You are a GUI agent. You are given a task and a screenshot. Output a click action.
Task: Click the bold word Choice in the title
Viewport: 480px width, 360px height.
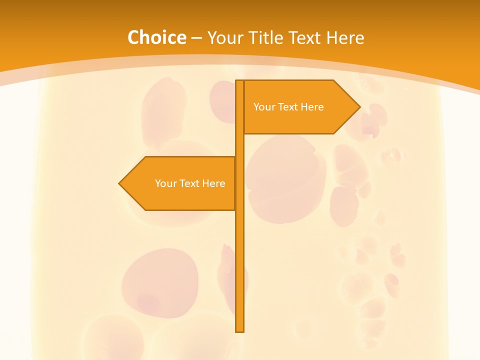(156, 37)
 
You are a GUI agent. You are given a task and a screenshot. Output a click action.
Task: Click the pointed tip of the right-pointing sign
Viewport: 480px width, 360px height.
(359, 107)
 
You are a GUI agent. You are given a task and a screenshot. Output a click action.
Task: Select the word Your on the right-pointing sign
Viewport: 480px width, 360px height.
(263, 107)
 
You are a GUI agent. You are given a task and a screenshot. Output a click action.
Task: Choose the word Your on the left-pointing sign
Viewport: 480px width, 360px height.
(165, 183)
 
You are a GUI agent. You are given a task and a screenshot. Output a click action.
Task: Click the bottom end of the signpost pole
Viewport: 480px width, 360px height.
(240, 330)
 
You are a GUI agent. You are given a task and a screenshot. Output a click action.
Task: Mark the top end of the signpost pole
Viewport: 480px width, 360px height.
(239, 81)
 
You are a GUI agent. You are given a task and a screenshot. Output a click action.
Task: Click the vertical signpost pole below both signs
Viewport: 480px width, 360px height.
(240, 270)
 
